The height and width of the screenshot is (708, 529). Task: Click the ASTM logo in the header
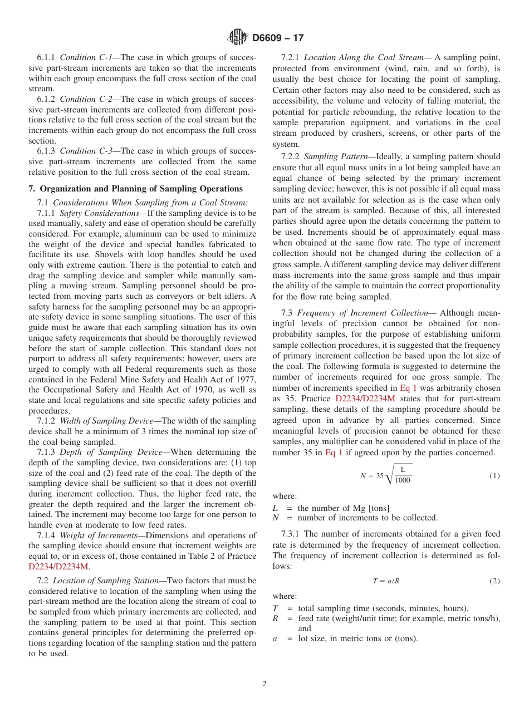[x=238, y=38]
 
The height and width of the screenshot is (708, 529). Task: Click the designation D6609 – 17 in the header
[x=278, y=38]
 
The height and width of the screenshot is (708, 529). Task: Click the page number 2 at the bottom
[x=264, y=684]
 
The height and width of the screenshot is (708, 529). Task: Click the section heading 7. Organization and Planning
[x=135, y=189]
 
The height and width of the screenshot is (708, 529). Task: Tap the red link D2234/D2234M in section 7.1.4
[x=58, y=567]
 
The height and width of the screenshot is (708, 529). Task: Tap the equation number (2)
[x=494, y=581]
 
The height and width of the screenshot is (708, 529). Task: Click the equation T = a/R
[x=386, y=581]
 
